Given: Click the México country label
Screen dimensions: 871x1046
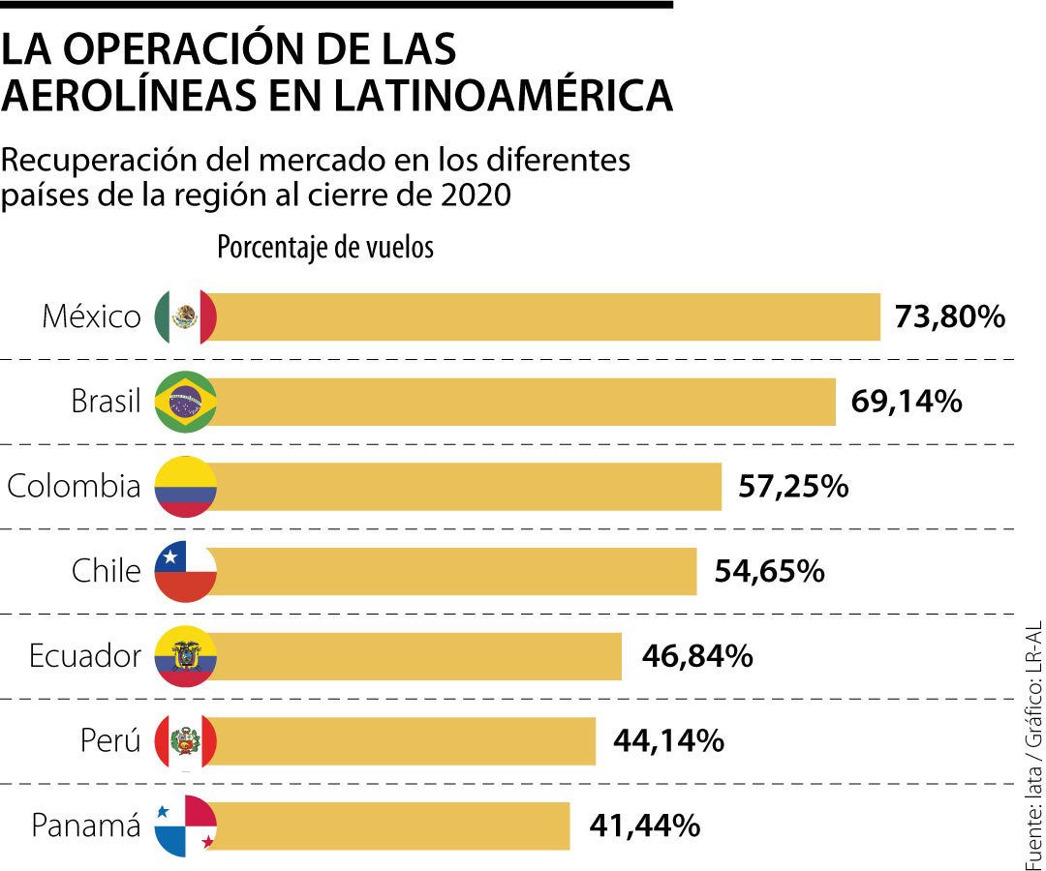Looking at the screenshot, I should coord(91,316).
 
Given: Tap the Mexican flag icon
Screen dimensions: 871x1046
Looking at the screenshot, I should coord(185,316).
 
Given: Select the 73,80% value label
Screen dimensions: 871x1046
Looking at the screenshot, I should coord(950,316).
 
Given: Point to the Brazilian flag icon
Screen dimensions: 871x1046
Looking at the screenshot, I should coord(185,401).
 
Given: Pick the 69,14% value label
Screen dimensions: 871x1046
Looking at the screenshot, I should coord(907,402).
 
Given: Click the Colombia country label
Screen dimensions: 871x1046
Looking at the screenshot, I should coord(74,486).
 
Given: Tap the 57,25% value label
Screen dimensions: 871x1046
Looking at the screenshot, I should coord(793,486).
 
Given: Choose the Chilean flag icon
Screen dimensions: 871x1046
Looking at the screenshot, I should coord(185,571).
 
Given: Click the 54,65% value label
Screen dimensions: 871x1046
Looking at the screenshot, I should coord(769,571).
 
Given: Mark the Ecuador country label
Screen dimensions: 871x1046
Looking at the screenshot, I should coord(85,656).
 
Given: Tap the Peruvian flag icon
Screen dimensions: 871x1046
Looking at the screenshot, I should coord(185,741).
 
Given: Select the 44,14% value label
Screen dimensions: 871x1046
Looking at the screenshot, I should coord(668,741).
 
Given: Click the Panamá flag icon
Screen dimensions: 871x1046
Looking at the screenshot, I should coord(185,826).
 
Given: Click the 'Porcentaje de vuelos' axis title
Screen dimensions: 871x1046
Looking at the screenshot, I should coord(325,248).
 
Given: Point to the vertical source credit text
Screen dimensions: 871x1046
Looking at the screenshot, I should coord(1032,745).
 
